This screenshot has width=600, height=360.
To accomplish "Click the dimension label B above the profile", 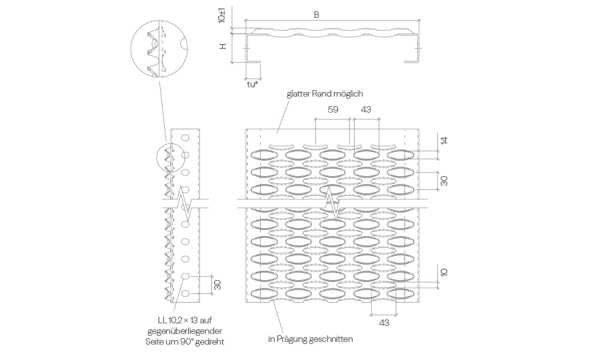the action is pos(317,15).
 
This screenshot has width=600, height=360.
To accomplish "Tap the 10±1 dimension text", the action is pos(221,17).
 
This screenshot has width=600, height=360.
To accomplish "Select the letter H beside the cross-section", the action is pos(223,46).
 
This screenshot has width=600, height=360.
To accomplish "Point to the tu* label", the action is pos(253,85).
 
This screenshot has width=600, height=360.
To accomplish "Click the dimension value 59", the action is pos(333,109).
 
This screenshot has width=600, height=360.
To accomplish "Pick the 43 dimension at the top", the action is pos(366,109).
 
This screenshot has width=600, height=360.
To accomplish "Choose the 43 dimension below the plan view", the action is pos(384,323).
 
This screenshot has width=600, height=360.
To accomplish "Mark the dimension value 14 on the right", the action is pos(444,141).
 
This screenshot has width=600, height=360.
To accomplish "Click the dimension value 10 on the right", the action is pos(444,273).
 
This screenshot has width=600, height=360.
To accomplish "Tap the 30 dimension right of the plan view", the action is pos(444,181).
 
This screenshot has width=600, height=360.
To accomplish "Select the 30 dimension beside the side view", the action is pos(217,285).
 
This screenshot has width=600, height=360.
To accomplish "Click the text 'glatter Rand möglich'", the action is pos(325,94).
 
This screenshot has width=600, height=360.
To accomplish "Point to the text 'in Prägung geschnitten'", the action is pos(310,339).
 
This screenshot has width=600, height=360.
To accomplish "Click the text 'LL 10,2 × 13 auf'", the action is pos(185,320).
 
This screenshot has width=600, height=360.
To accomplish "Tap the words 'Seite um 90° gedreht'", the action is pos(185,341).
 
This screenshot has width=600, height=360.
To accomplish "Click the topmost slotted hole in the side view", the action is pos(185,138).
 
